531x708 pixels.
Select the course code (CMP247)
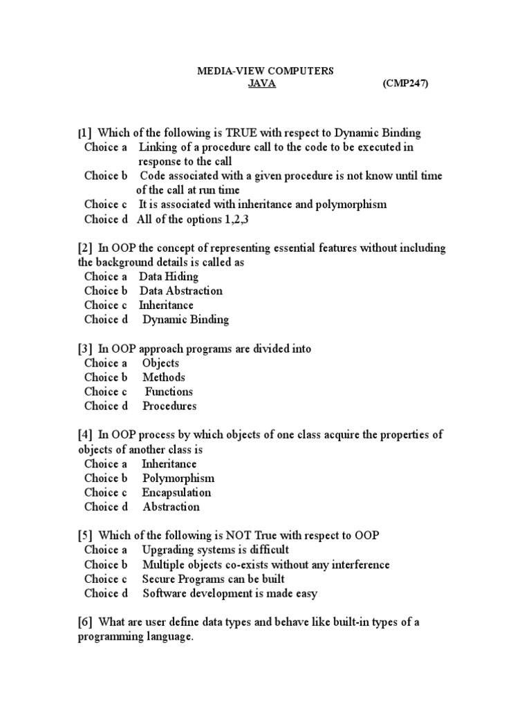405,84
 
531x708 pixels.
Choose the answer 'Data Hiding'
169,277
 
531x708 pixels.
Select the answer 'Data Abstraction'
181,291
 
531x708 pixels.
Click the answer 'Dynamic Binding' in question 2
186,319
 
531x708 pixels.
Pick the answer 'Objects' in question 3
160,363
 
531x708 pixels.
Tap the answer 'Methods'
164,378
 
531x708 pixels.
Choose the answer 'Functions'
169,392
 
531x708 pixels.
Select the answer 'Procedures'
169,407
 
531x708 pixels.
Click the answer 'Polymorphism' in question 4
178,478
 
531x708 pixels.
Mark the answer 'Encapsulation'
176,493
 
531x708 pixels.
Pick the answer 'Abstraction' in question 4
171,507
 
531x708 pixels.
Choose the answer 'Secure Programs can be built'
213,579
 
